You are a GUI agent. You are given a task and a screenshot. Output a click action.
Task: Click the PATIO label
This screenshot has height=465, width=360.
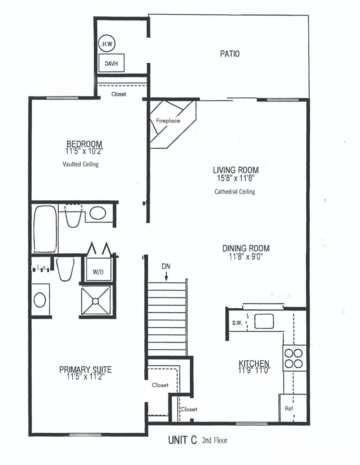tap(230, 54)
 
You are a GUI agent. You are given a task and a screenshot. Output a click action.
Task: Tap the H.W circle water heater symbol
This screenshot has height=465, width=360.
tap(106, 44)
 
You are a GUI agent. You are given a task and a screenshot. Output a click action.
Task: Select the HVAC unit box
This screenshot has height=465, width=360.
tap(111, 63)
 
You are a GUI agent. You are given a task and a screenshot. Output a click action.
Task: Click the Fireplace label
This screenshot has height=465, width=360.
tap(168, 121)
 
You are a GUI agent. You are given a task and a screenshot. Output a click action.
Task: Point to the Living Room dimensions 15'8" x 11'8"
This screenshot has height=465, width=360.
tap(236, 178)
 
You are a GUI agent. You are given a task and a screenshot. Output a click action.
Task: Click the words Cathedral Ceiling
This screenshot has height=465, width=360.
tap(235, 192)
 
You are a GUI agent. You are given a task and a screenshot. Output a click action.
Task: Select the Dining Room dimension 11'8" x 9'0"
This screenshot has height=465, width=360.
tap(246, 257)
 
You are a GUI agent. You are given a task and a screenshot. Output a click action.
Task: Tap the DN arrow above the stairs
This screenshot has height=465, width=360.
tap(166, 275)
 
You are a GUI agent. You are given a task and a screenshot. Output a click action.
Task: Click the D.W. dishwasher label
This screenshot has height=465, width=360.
tap(237, 323)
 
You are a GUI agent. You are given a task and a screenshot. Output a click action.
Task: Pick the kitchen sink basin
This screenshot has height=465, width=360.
tap(264, 321)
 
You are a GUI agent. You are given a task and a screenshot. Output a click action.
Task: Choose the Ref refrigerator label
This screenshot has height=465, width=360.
tap(289, 409)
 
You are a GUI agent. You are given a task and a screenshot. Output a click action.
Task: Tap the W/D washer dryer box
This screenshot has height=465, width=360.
tap(98, 272)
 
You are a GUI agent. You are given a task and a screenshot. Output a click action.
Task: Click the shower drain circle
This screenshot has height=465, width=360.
tap(95, 301)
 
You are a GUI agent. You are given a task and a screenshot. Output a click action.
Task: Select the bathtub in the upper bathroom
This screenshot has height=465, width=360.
tap(45, 229)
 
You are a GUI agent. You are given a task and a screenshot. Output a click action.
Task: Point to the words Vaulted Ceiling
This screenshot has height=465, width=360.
tap(80, 164)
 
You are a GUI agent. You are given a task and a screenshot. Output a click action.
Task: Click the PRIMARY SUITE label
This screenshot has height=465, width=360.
tap(85, 369)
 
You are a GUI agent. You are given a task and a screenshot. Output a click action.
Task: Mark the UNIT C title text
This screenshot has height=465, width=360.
tap(182, 440)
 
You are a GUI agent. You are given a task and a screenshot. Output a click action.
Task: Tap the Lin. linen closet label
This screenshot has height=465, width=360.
tap(41, 267)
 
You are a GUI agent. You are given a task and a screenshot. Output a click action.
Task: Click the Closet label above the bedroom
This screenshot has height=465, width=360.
tap(119, 94)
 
